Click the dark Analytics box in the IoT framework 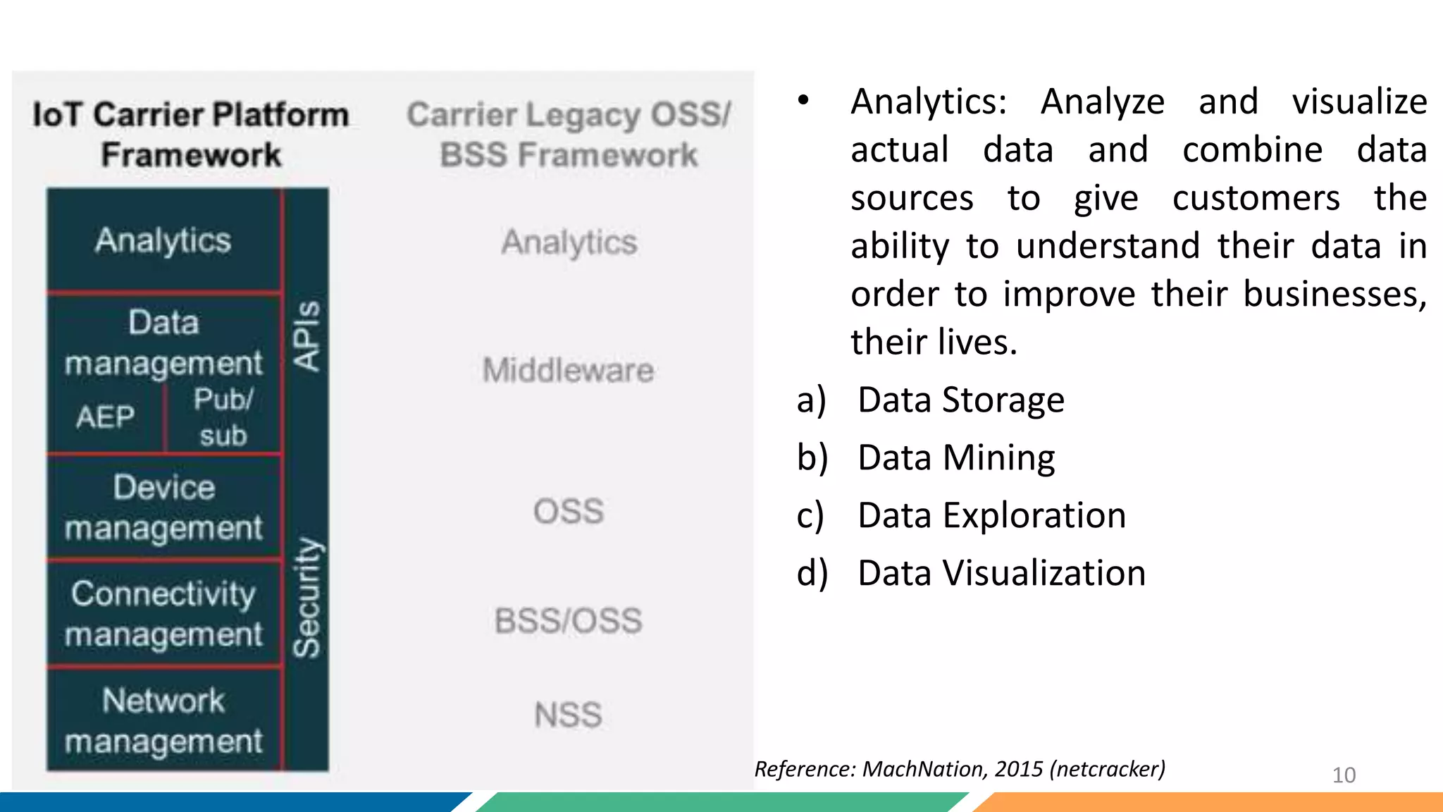tap(163, 241)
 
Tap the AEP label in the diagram tap(106, 417)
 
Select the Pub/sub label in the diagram tap(223, 417)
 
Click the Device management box tap(163, 508)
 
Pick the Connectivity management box tap(163, 613)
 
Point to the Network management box tap(163, 720)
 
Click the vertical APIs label tap(306, 336)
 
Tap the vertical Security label tap(306, 598)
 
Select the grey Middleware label tap(568, 370)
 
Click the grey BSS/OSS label tap(568, 621)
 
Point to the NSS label tap(568, 715)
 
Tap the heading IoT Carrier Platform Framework tap(190, 134)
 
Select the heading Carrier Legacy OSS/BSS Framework tap(569, 134)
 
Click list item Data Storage tap(960, 400)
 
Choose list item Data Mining tap(955, 458)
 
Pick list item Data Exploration tap(991, 515)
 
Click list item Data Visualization tap(1001, 573)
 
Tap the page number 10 tap(1344, 775)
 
